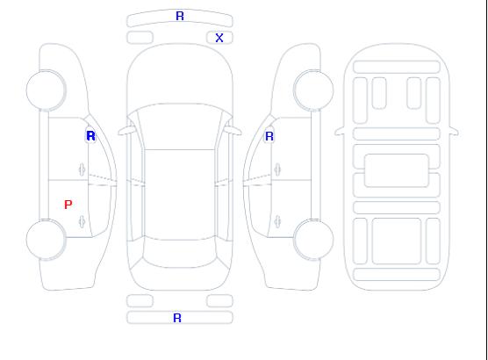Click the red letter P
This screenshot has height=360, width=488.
click(68, 205)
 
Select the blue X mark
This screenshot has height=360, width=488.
click(219, 38)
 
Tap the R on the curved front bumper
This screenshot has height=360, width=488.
click(180, 16)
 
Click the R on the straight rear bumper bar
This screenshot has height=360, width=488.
click(177, 318)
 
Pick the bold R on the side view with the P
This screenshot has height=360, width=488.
click(90, 136)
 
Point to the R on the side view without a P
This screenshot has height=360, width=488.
click(269, 136)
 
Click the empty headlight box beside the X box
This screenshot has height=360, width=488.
click(140, 38)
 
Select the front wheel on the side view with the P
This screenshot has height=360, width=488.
click(46, 90)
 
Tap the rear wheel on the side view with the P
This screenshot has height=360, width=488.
click(46, 240)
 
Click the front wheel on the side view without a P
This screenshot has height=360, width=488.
click(313, 90)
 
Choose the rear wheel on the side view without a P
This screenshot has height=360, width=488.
click(313, 240)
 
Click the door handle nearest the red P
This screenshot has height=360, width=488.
click(82, 221)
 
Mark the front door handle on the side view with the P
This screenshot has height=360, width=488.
click(82, 169)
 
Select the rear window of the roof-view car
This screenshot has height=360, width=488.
click(180, 253)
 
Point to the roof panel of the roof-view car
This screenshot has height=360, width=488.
click(180, 195)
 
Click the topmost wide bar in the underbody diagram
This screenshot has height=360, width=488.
click(397, 67)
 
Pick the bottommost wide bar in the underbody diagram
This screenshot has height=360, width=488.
click(397, 274)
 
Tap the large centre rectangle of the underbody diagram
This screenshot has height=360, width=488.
click(397, 170)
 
